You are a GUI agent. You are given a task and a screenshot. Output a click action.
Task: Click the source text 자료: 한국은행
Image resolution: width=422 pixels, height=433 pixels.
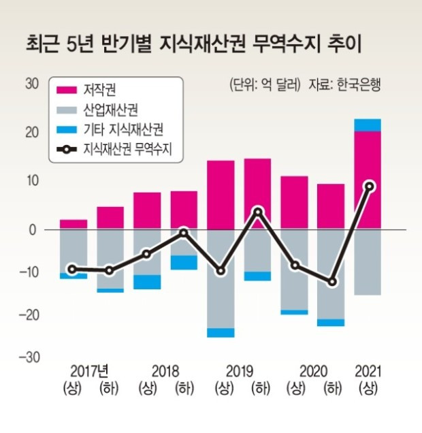click(344, 86)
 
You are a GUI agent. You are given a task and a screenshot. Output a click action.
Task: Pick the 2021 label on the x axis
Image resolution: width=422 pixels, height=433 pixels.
click(368, 372)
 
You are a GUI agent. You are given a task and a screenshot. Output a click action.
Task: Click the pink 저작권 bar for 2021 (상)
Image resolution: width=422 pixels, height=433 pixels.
click(368, 178)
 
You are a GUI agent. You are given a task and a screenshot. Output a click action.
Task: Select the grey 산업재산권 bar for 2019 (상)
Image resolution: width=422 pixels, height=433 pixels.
click(221, 279)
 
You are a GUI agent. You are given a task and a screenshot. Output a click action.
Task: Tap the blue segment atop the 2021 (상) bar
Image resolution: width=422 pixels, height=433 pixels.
click(368, 125)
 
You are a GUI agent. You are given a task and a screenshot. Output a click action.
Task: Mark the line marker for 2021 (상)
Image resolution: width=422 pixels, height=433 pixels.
click(368, 186)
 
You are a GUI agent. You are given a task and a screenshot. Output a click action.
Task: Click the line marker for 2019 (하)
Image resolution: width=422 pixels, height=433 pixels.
click(257, 212)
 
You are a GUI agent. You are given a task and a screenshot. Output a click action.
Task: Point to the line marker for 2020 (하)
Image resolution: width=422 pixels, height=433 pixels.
click(331, 282)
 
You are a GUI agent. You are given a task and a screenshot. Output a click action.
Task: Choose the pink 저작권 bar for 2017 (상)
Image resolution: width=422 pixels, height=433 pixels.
click(74, 224)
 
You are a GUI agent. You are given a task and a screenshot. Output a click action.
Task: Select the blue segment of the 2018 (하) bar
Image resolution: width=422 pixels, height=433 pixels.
click(184, 262)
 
